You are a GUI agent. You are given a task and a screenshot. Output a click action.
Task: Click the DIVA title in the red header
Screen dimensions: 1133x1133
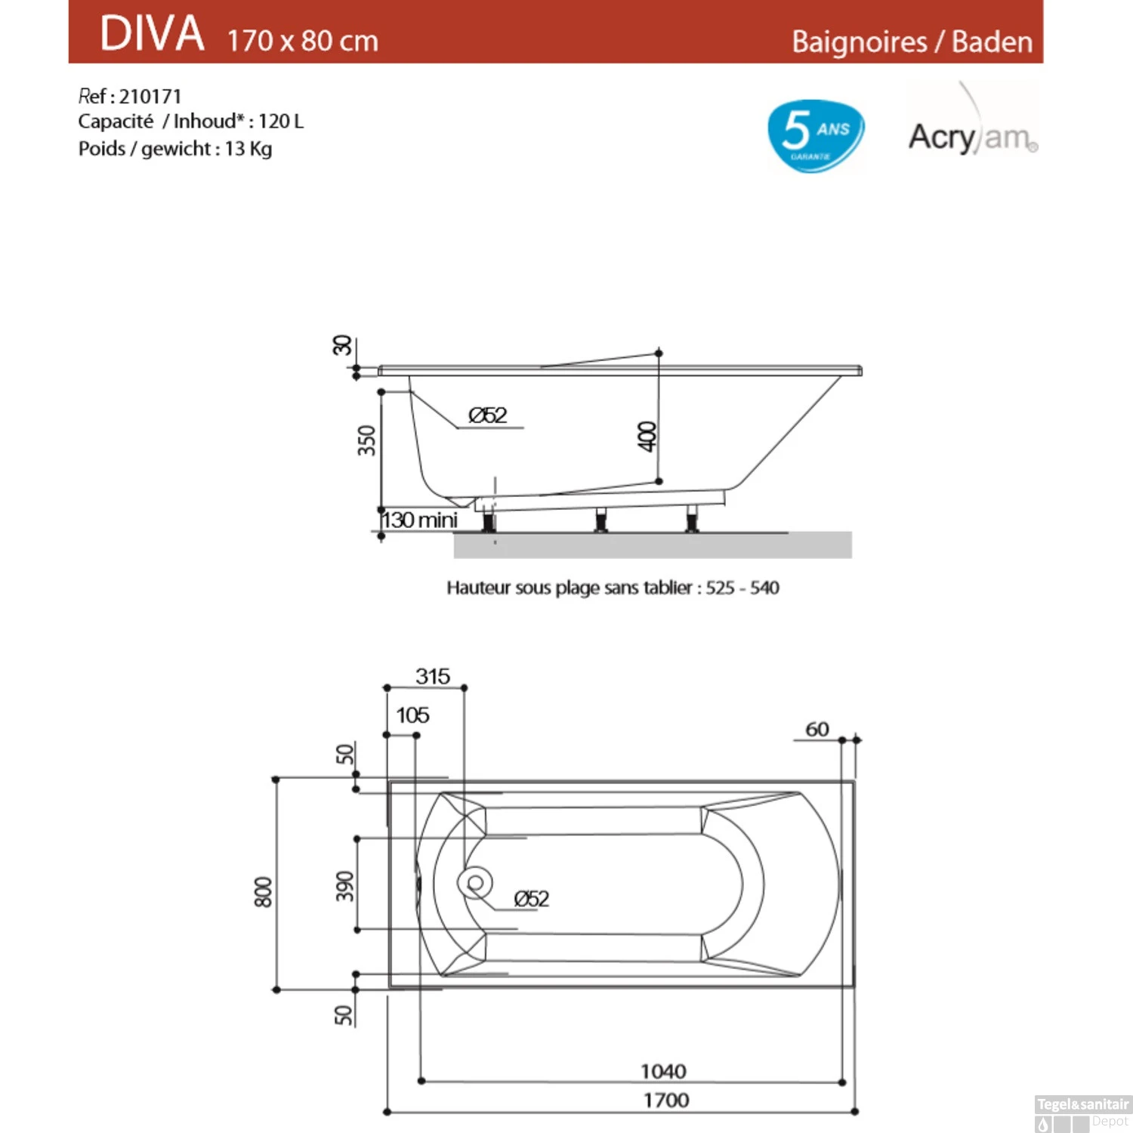pos(152,34)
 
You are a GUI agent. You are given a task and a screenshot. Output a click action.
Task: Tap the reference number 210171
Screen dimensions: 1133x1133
pos(150,97)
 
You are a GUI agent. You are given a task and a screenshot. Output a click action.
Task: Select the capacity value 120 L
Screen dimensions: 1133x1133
pos(280,122)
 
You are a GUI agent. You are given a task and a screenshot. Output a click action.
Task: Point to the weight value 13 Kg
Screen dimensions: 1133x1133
pos(248,149)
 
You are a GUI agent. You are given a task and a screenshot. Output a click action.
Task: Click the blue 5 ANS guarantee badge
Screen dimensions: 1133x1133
pos(815,135)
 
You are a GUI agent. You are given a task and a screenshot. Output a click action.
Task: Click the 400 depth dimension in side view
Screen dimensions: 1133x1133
pos(647,437)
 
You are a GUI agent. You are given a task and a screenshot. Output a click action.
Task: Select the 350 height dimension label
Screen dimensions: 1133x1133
pos(366,440)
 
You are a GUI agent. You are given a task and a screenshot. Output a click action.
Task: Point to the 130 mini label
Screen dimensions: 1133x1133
pos(420,520)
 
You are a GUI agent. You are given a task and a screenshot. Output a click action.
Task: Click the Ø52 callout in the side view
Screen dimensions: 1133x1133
pos(488,415)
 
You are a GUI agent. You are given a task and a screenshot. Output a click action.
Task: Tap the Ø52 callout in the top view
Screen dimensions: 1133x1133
pos(531,899)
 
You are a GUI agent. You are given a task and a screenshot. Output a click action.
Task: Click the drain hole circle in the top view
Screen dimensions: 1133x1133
pos(475,883)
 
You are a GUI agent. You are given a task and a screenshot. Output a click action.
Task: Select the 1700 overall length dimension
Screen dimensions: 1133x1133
pos(665,1100)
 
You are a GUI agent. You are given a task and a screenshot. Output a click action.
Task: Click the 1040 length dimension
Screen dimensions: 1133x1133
pos(663,1071)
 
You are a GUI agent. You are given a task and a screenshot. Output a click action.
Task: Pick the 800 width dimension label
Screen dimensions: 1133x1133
pos(262,891)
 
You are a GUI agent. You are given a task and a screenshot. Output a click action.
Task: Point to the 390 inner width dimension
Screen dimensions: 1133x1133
pos(344,886)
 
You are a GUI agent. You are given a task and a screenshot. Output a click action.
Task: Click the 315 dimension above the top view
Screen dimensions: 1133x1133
pos(432,676)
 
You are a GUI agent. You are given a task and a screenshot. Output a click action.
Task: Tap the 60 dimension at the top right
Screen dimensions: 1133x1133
pos(817,729)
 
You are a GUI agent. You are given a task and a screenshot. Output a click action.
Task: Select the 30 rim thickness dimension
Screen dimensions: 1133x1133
pos(342,345)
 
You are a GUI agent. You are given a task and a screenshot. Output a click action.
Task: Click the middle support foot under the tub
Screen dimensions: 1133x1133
pos(600,520)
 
